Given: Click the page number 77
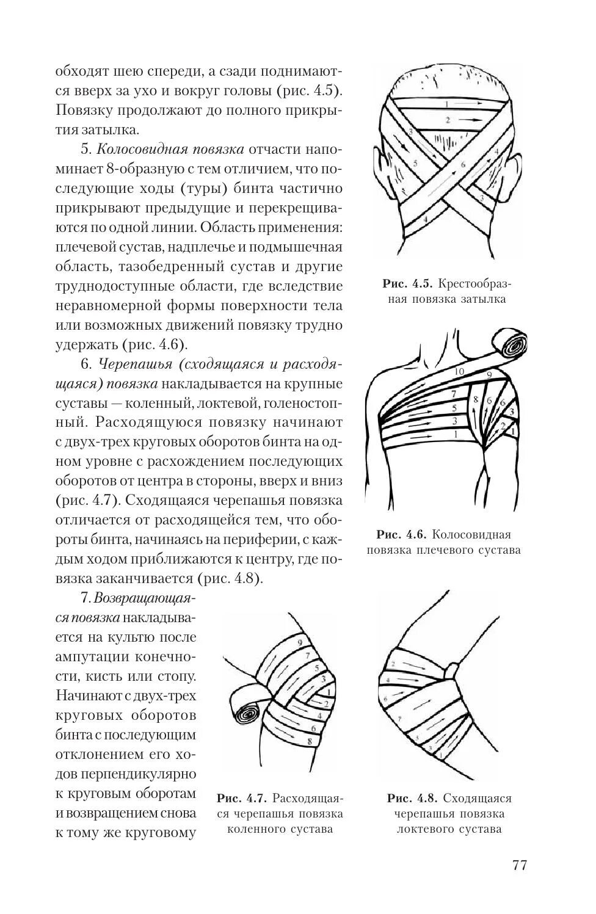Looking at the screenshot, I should pyautogui.click(x=518, y=865).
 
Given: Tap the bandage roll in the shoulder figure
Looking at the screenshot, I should pyautogui.click(x=510, y=346).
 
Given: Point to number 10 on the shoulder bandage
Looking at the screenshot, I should pyautogui.click(x=460, y=371).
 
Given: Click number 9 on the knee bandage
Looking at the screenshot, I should pyautogui.click(x=300, y=642).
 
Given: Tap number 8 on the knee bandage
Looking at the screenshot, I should pyautogui.click(x=310, y=741).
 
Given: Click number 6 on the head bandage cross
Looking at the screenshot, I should pyautogui.click(x=463, y=164).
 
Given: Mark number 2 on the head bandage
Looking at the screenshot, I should pyautogui.click(x=448, y=120).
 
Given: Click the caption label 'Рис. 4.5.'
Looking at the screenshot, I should pyautogui.click(x=407, y=284).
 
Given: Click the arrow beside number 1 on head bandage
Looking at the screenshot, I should pyautogui.click(x=467, y=104).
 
